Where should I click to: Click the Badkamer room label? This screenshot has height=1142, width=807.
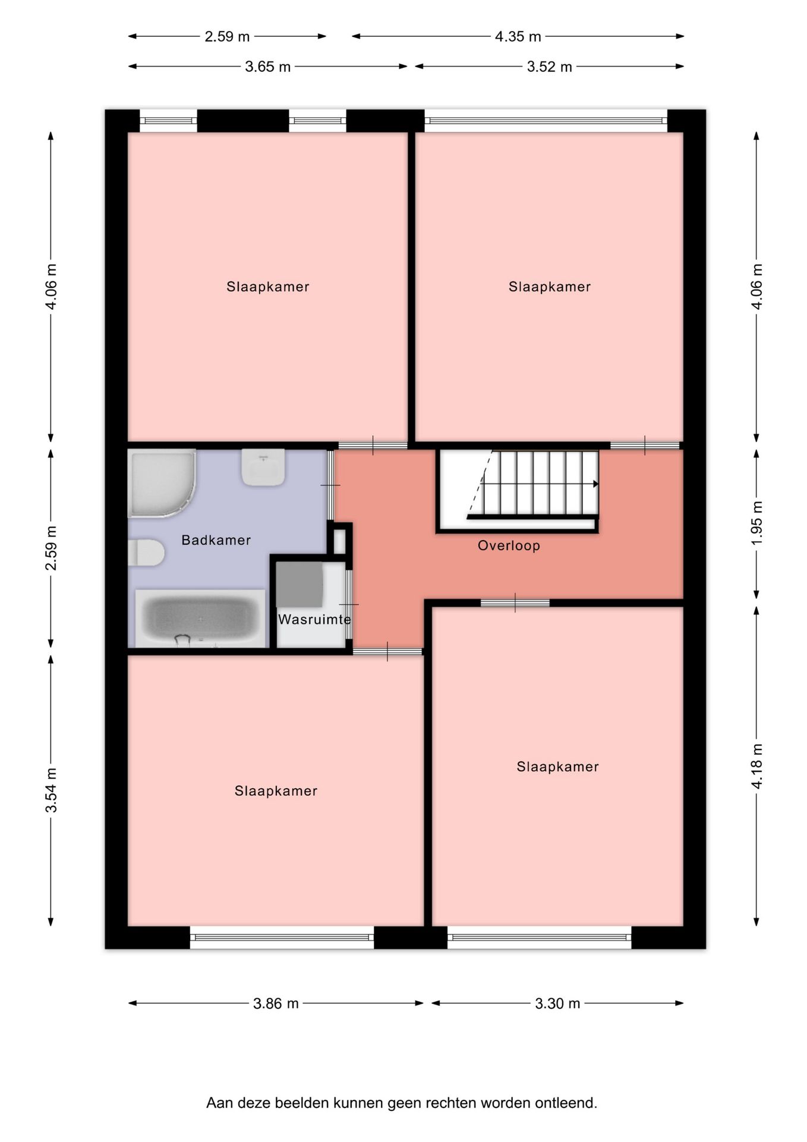tap(216, 540)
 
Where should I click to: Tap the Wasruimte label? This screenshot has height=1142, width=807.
tap(314, 619)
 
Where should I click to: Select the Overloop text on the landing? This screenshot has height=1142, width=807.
tap(509, 545)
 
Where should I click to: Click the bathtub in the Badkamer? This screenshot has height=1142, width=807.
tap(200, 619)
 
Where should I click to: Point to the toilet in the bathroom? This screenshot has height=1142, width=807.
tap(146, 553)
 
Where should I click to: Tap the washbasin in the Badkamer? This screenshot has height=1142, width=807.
tap(263, 467)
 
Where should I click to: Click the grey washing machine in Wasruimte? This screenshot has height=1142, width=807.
tap(300, 585)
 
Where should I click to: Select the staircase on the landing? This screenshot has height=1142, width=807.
tap(533, 484)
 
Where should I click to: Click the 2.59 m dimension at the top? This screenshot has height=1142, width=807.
tap(227, 36)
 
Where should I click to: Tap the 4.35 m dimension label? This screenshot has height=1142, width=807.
tap(518, 36)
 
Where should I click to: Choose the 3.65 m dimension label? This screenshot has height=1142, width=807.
tap(268, 67)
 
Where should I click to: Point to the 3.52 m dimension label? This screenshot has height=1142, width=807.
tap(549, 67)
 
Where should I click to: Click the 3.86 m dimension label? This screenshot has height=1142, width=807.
tap(276, 1003)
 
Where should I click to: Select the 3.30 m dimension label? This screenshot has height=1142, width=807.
tap(557, 1003)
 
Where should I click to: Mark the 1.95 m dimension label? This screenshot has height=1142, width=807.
tap(756, 523)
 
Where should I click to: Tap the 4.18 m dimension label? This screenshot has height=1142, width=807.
tap(756, 766)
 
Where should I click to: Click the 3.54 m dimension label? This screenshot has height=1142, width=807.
tap(51, 790)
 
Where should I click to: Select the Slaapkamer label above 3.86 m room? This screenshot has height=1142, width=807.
tap(276, 791)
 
